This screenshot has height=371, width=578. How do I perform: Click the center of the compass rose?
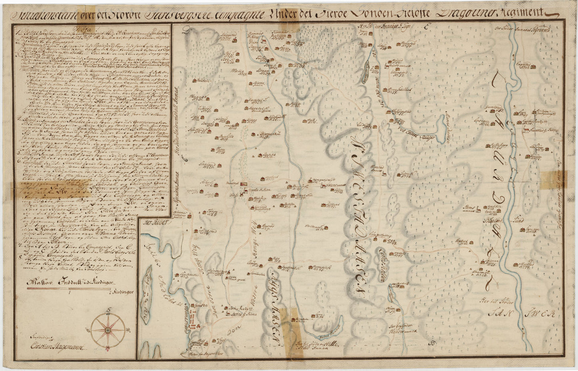pos(107,329)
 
